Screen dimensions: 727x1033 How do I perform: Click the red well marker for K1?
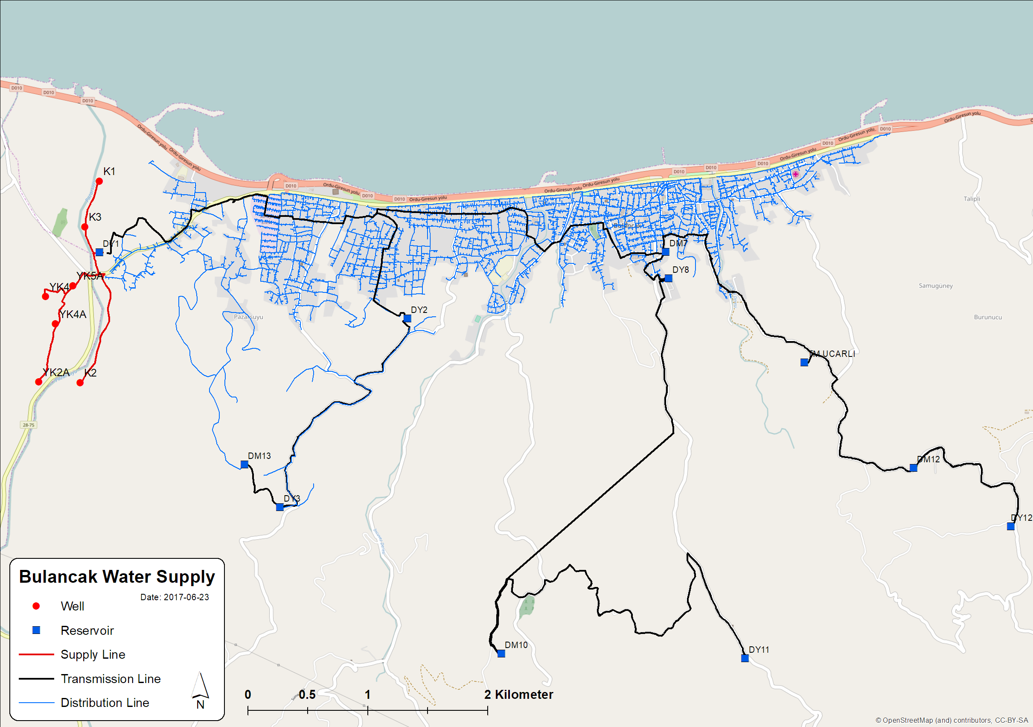click(99, 181)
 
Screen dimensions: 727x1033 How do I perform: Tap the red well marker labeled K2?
click(80, 382)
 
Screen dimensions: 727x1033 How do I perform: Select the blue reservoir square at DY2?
click(407, 318)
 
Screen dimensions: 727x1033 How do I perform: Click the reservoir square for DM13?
click(244, 464)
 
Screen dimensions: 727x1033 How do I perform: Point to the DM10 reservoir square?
click(501, 654)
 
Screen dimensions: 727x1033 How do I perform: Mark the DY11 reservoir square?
click(745, 658)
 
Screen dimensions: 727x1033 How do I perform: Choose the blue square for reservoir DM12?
click(914, 468)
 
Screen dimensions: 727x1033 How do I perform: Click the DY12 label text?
click(1021, 518)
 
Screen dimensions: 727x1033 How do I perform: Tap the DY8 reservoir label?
click(680, 270)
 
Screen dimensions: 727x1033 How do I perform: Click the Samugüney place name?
click(935, 286)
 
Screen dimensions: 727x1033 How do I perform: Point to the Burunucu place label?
click(988, 317)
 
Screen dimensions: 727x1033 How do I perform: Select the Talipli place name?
click(972, 199)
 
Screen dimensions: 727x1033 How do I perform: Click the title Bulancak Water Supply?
click(117, 577)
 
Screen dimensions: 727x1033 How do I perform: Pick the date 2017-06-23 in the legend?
click(175, 597)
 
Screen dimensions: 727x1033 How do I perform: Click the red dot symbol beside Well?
click(36, 606)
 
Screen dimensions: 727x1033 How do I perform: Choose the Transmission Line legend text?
click(111, 678)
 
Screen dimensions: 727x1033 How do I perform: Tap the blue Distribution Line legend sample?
click(36, 703)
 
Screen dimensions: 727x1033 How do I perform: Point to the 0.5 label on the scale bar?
click(307, 695)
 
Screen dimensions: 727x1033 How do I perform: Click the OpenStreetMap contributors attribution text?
click(952, 720)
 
